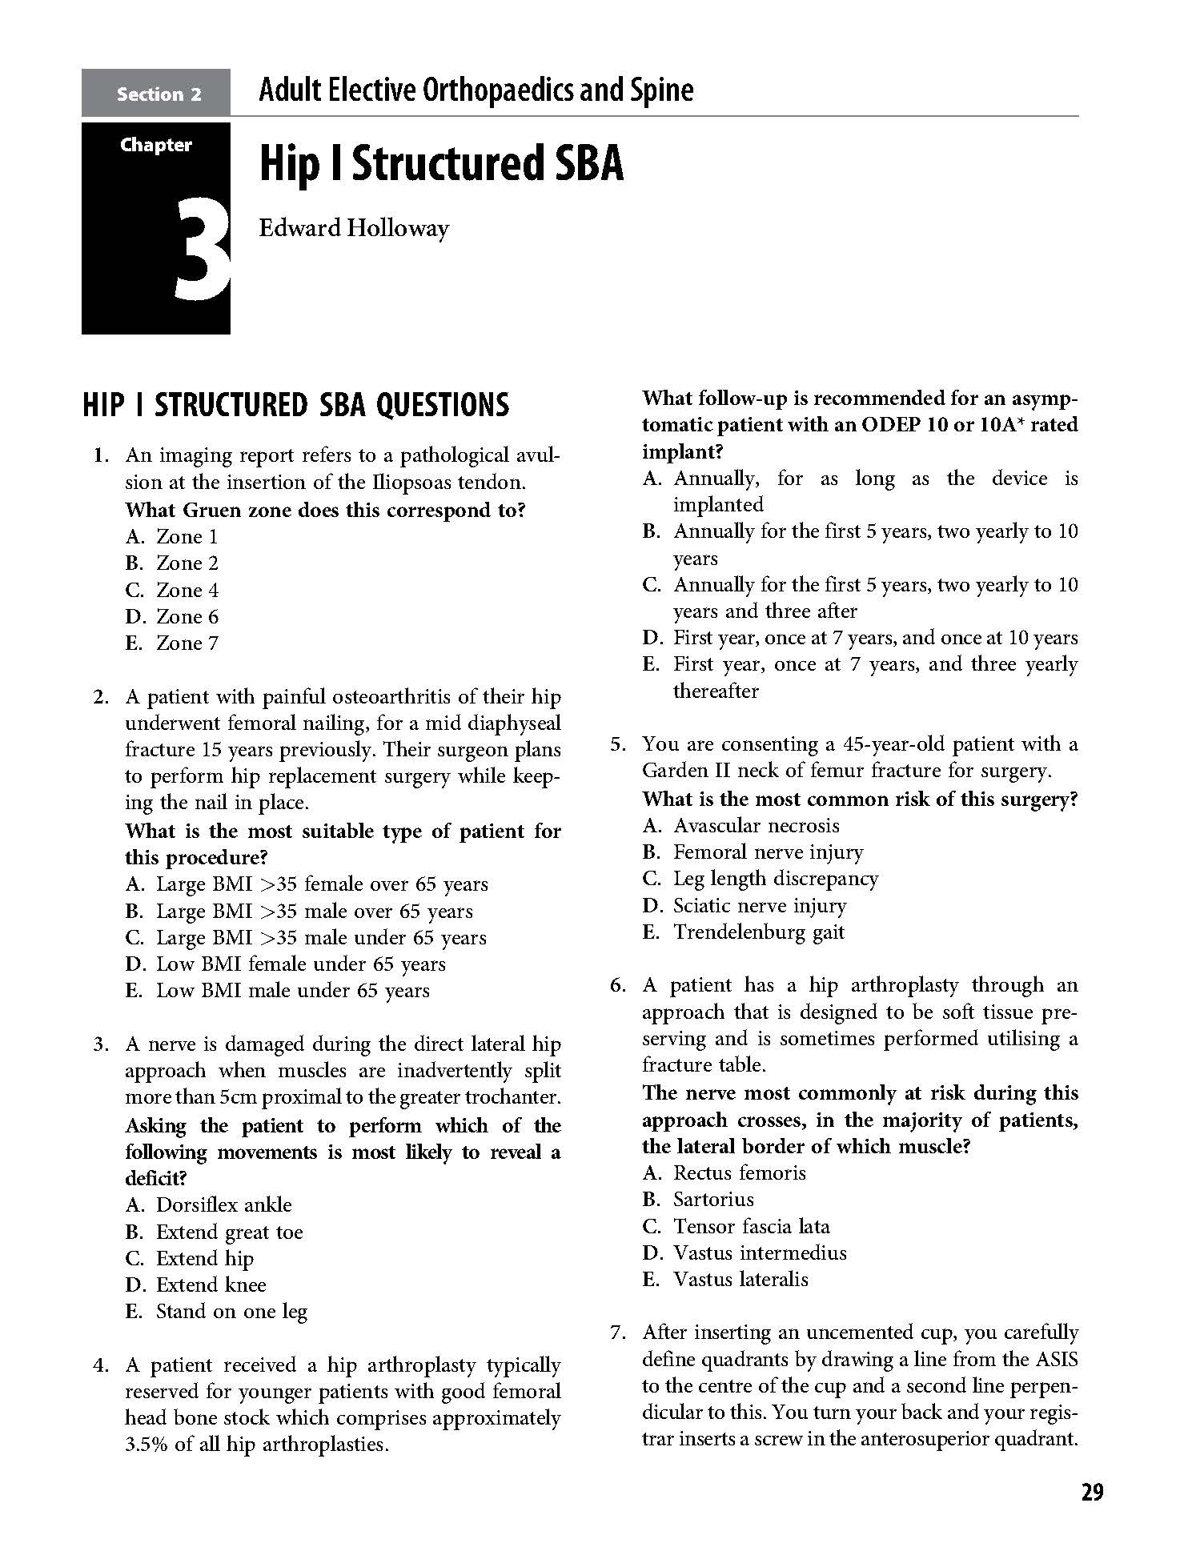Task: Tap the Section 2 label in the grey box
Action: [159, 94]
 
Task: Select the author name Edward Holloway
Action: [354, 228]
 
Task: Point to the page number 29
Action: [1092, 1493]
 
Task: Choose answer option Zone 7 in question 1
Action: [187, 643]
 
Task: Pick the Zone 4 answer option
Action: [187, 591]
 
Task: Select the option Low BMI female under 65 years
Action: [300, 964]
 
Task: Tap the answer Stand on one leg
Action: [231, 1312]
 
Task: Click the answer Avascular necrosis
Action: [756, 826]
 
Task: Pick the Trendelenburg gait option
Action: [758, 932]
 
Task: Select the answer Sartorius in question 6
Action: [713, 1200]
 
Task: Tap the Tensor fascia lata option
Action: [751, 1227]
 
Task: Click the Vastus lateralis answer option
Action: [740, 1280]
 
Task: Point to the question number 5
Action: [617, 744]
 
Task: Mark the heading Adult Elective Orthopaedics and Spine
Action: [476, 91]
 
